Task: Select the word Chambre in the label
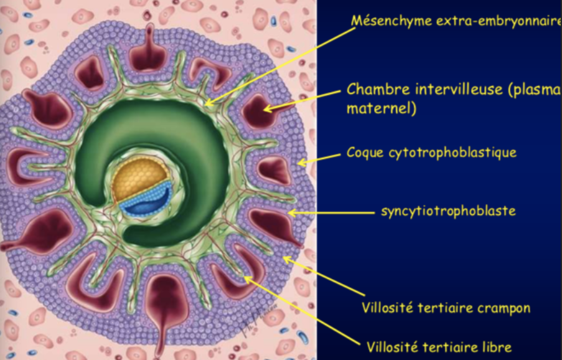tap(371, 89)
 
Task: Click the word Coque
tap(363, 153)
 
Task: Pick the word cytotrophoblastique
tap(450, 153)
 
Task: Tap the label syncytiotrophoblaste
tap(447, 211)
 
